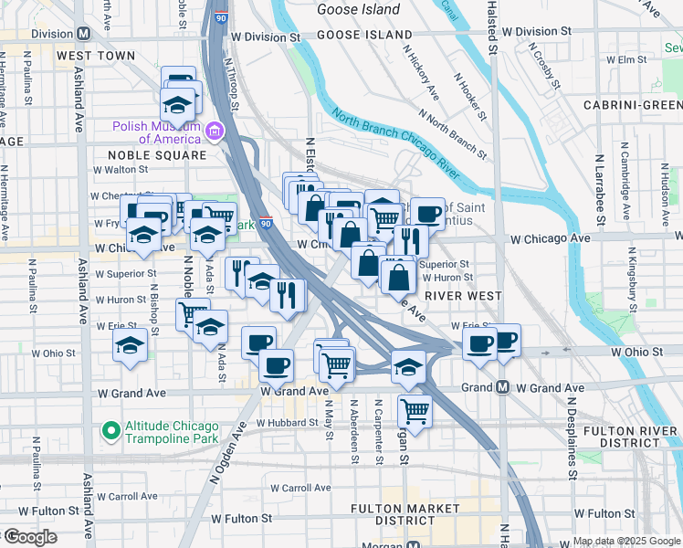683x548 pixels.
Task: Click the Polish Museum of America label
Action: click(156, 132)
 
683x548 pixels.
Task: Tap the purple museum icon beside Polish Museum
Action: click(215, 132)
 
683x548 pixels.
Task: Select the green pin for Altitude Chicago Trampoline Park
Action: click(111, 428)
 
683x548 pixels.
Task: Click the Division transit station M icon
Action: click(83, 34)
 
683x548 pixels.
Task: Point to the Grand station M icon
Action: click(503, 387)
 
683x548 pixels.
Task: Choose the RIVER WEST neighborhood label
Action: click(461, 296)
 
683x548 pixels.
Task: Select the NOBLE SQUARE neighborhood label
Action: click(159, 154)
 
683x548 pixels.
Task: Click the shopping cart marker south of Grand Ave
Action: click(415, 412)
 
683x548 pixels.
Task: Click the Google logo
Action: click(31, 537)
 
